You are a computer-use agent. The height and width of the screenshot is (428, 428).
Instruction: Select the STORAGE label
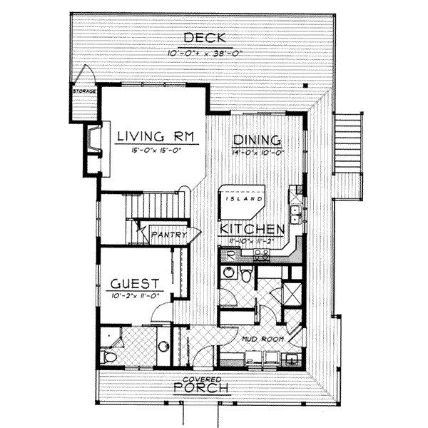[83, 92]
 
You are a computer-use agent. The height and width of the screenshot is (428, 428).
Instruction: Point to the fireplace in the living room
[93, 146]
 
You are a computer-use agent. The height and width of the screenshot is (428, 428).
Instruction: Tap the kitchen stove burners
[260, 253]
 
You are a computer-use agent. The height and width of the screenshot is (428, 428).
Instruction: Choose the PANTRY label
[172, 234]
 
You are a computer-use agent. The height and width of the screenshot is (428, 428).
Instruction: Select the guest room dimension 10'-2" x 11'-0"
[138, 295]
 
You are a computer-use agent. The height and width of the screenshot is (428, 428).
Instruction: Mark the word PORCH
[203, 389]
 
